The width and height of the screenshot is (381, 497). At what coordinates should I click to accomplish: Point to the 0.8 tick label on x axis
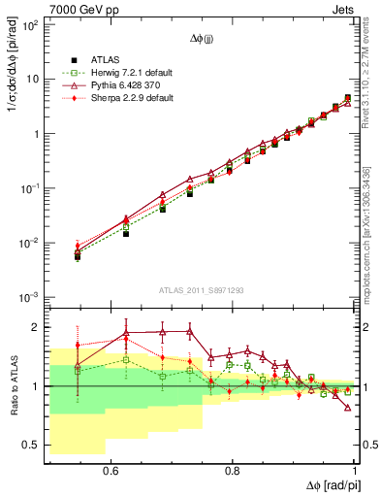click(x=233, y=470)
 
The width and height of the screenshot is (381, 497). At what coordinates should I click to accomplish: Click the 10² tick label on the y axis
click(x=31, y=24)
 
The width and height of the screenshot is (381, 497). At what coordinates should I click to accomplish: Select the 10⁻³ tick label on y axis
click(x=31, y=297)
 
